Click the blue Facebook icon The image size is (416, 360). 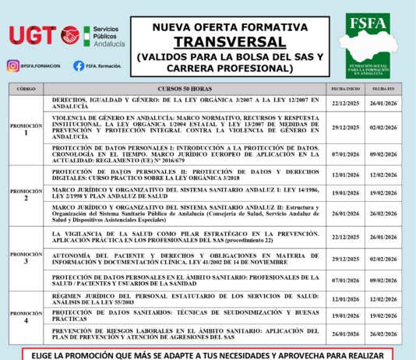[x=78, y=66]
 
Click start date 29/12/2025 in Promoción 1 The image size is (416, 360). [x=344, y=127]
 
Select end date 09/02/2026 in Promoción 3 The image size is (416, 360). [x=383, y=281]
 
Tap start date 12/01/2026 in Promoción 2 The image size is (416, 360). [x=344, y=175]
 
